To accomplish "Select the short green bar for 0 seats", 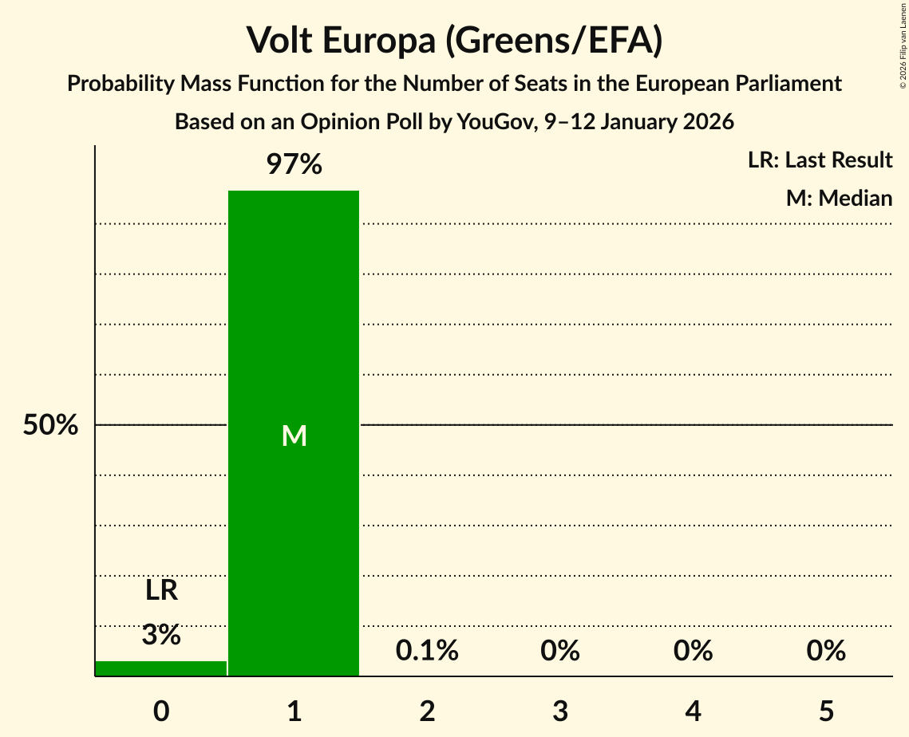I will tap(160, 668).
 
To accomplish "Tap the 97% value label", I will tap(294, 165).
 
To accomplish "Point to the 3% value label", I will tap(161, 635).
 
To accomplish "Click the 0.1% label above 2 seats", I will tap(427, 651).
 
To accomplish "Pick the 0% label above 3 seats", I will tap(559, 651).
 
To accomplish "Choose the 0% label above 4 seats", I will tap(693, 651).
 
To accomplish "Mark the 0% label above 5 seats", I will tap(825, 651).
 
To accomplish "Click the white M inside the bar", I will tap(294, 436).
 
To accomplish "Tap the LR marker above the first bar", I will tap(161, 591).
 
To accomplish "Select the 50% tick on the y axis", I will tap(50, 425).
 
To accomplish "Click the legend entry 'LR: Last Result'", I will tap(820, 160).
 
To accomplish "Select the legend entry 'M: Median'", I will tap(839, 198).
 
